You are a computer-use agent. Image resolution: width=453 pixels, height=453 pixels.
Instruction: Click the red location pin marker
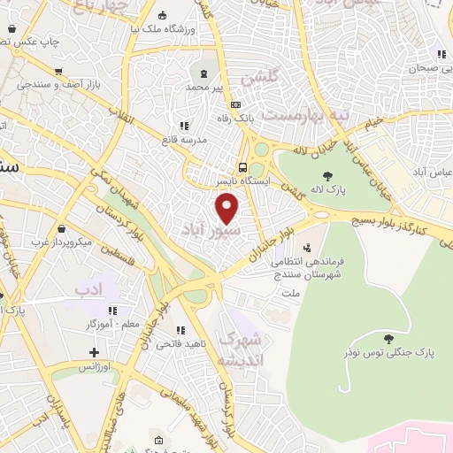coord(228,209)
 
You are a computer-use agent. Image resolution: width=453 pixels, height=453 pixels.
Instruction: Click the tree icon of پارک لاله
coord(328,175)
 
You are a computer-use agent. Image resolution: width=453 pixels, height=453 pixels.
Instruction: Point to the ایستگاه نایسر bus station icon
coord(242,166)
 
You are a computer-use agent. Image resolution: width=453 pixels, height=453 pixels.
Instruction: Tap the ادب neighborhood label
coord(89,289)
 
